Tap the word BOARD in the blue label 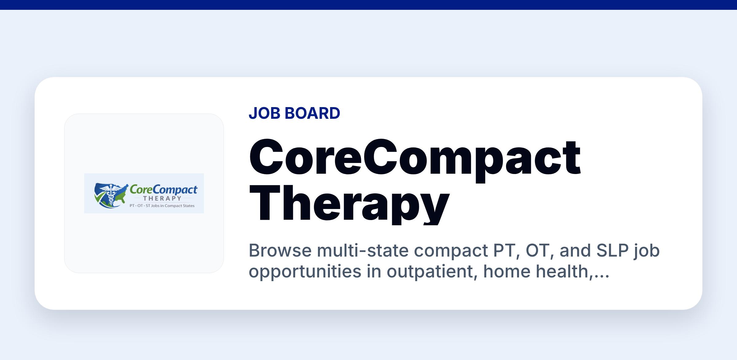coord(312,113)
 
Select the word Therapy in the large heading coord(349,204)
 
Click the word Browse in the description coord(280,250)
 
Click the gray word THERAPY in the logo coord(162,198)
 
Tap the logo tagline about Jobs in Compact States coord(162,206)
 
